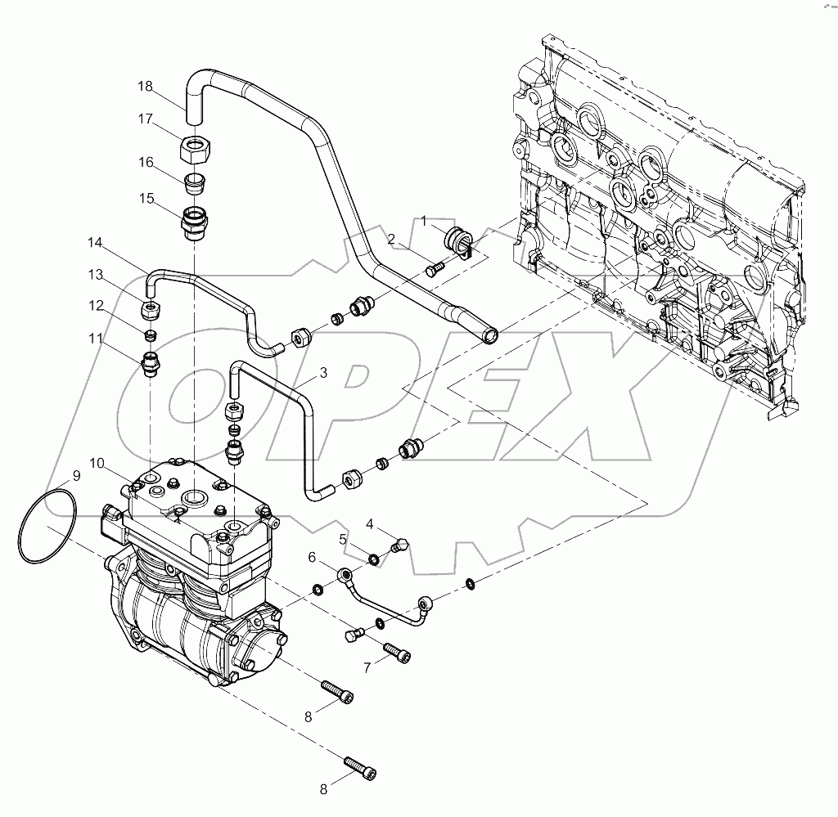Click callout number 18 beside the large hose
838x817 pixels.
click(x=145, y=86)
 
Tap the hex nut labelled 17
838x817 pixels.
click(x=194, y=150)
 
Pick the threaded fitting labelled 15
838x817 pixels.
click(x=195, y=222)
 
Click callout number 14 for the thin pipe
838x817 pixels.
click(x=96, y=242)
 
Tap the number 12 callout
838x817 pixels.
click(x=97, y=306)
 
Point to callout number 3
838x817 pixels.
click(x=323, y=373)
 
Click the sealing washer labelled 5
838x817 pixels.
click(x=373, y=559)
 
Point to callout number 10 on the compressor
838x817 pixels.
click(x=97, y=463)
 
